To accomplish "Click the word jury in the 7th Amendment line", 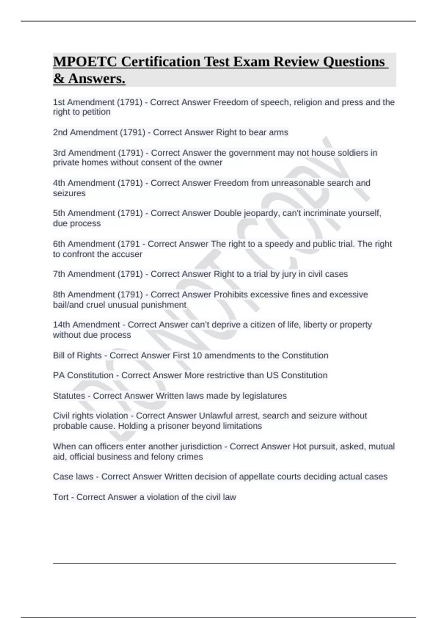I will (279, 274).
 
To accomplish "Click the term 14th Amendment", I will (86, 325).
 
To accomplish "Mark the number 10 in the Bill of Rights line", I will (197, 355).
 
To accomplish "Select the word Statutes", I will (69, 396).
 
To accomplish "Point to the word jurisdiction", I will (198, 446).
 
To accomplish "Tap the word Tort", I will (61, 497).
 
